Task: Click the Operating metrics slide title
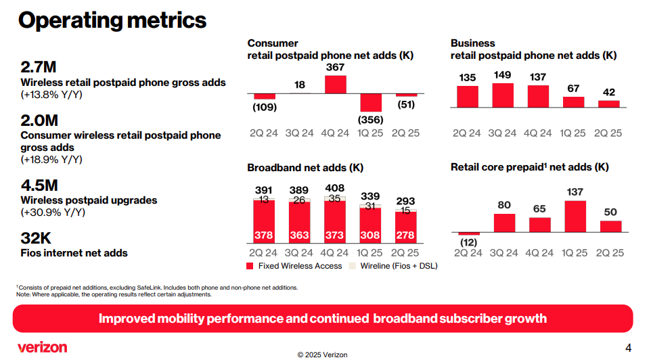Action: (x=112, y=20)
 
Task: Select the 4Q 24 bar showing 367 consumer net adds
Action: (x=336, y=84)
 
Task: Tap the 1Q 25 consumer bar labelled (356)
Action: (x=371, y=102)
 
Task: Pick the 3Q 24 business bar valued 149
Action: (x=503, y=95)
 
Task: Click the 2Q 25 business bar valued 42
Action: (x=608, y=104)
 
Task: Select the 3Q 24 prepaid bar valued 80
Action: (x=503, y=223)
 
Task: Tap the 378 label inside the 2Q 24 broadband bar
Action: (x=264, y=235)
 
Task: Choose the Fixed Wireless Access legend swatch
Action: (x=251, y=266)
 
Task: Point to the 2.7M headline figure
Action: (x=39, y=68)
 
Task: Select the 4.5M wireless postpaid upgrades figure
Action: (x=39, y=185)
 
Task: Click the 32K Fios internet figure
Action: (x=36, y=238)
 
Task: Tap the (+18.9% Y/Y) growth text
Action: (x=51, y=160)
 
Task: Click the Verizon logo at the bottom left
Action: (x=43, y=347)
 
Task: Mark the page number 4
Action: (x=628, y=348)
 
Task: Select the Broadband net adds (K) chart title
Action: (x=305, y=167)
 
